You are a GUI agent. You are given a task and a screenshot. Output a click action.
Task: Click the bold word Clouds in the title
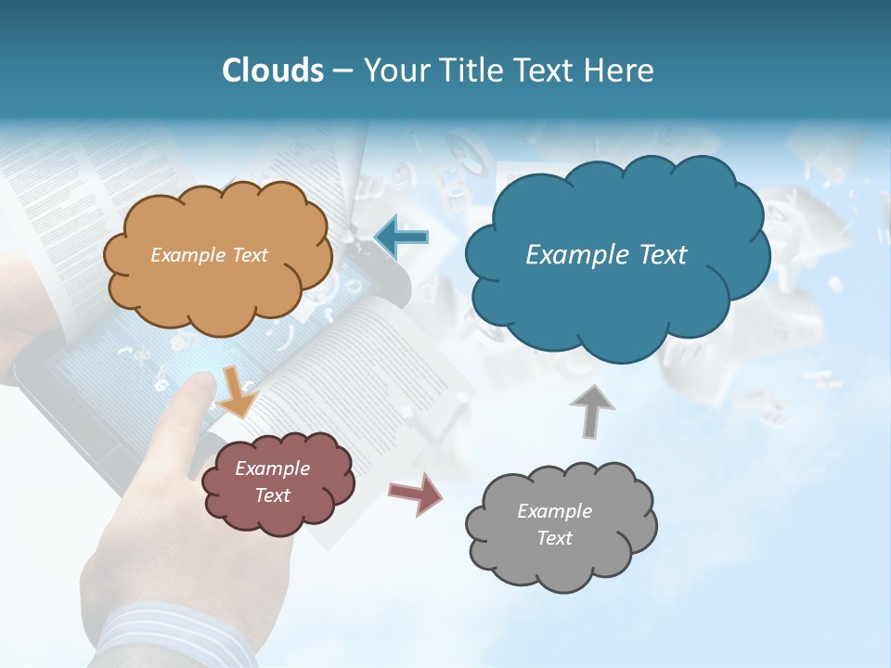pyautogui.click(x=273, y=71)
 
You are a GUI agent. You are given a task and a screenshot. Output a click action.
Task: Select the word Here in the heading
pyautogui.click(x=620, y=71)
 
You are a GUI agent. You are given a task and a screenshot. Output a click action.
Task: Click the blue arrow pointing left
pyautogui.click(x=401, y=236)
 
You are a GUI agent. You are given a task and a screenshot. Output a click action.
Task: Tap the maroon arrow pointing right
pyautogui.click(x=416, y=493)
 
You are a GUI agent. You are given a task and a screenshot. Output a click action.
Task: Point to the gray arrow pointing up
pyautogui.click(x=592, y=410)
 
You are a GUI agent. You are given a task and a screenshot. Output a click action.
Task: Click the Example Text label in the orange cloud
pyautogui.click(x=209, y=254)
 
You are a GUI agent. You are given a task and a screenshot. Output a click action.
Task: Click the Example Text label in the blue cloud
pyautogui.click(x=606, y=255)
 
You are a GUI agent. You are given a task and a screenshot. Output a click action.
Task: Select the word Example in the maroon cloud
pyautogui.click(x=272, y=469)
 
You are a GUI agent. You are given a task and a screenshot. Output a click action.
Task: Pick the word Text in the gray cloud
pyautogui.click(x=554, y=538)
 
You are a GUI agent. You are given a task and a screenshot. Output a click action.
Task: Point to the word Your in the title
pyautogui.click(x=392, y=71)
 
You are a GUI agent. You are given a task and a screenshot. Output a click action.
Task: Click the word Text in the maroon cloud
pyautogui.click(x=273, y=495)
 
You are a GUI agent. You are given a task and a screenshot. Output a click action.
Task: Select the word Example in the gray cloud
pyautogui.click(x=554, y=511)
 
